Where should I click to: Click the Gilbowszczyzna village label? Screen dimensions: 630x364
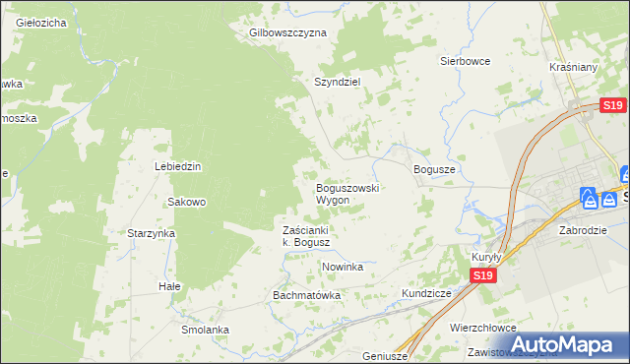click(287, 32)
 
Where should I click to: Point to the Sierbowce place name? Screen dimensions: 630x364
click(465, 60)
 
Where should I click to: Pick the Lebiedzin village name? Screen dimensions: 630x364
click(177, 166)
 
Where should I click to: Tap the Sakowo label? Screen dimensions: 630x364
click(186, 202)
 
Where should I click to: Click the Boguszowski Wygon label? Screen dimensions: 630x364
click(347, 193)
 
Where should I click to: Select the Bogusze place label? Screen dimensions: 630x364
click(434, 169)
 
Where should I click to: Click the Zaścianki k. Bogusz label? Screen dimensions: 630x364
click(311, 236)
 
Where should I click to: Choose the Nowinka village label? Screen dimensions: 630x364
click(343, 267)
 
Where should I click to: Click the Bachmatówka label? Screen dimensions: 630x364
click(306, 294)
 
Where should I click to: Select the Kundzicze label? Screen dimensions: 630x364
click(426, 293)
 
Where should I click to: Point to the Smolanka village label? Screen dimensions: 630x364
click(205, 330)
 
